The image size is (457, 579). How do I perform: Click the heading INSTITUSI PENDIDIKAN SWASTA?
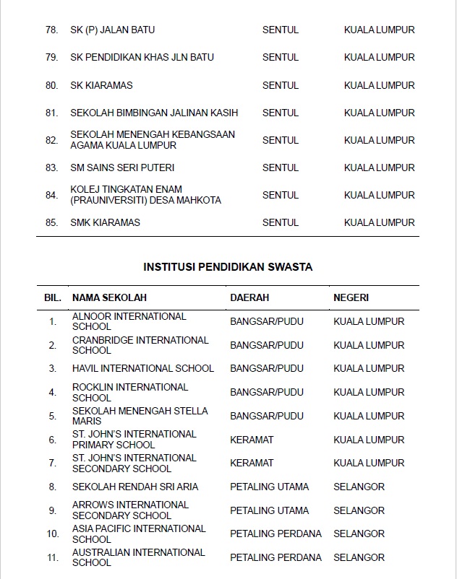(x=228, y=267)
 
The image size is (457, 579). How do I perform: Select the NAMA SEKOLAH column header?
(x=109, y=297)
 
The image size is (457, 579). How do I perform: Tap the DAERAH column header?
(x=249, y=297)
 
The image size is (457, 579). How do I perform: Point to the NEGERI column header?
(x=351, y=297)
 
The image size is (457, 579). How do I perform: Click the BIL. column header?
(x=53, y=297)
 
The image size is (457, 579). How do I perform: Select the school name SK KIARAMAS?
(x=101, y=85)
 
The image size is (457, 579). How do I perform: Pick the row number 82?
(x=51, y=140)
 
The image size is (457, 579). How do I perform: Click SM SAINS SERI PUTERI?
(x=122, y=167)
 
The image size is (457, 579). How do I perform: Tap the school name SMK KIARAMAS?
(x=105, y=222)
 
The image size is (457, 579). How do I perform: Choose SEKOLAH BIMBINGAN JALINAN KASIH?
(x=154, y=113)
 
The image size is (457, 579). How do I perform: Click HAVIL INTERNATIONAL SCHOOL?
(x=143, y=368)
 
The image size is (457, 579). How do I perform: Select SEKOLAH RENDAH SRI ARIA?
(x=135, y=487)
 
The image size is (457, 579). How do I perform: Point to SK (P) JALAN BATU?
(x=112, y=30)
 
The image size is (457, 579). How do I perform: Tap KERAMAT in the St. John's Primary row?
(x=252, y=440)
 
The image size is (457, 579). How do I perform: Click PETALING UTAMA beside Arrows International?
(x=269, y=510)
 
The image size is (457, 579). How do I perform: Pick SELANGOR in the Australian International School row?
(x=359, y=557)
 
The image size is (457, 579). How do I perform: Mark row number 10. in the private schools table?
(x=53, y=534)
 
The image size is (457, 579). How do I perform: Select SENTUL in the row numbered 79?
(x=281, y=58)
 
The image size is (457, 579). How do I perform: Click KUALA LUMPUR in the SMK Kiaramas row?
(x=379, y=222)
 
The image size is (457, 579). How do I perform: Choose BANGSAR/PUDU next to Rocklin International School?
(x=267, y=392)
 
